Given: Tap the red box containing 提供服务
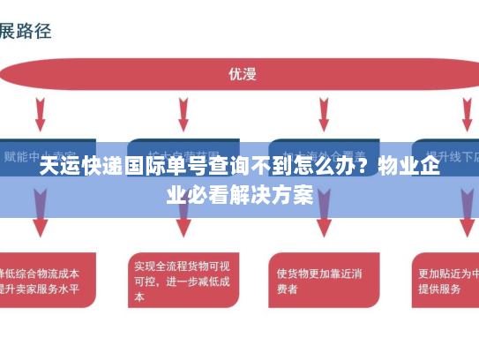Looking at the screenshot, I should point(446,280).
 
